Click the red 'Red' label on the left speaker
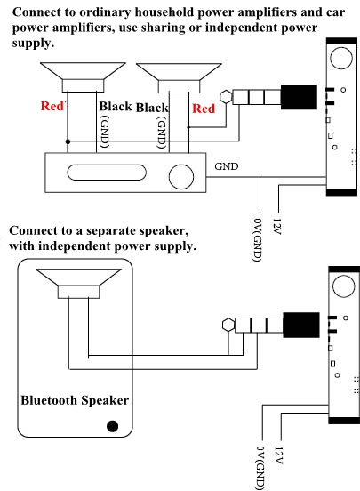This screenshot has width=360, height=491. pyautogui.click(x=52, y=106)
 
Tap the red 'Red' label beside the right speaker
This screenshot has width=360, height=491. pyautogui.click(x=204, y=109)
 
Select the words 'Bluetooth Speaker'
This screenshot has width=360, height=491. pyautogui.click(x=75, y=400)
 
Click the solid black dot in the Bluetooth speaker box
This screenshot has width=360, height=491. pyautogui.click(x=112, y=426)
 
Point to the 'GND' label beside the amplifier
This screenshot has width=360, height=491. pyautogui.click(x=227, y=166)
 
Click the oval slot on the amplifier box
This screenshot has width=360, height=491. pyautogui.click(x=107, y=173)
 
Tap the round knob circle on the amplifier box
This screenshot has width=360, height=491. pyautogui.click(x=181, y=177)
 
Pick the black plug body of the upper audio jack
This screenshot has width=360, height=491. pyautogui.click(x=299, y=97)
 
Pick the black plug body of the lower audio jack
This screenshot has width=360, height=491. pyautogui.click(x=301, y=325)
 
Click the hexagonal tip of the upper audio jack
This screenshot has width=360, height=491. pyautogui.click(x=226, y=97)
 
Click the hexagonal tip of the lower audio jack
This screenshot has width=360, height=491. pyautogui.click(x=228, y=325)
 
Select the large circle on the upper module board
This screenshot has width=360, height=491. pyautogui.click(x=341, y=58)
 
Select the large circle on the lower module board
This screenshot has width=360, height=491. pyautogui.click(x=343, y=286)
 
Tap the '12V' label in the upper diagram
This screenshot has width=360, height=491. pyautogui.click(x=277, y=227)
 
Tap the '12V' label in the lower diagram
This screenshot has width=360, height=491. pyautogui.click(x=278, y=455)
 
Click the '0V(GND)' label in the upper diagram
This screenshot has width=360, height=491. pyautogui.click(x=257, y=240)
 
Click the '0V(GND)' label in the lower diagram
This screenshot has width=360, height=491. pyautogui.click(x=260, y=469)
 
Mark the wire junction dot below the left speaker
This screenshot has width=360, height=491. pyautogui.click(x=68, y=141)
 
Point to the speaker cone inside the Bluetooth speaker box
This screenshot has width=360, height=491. pyautogui.click(x=78, y=284)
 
